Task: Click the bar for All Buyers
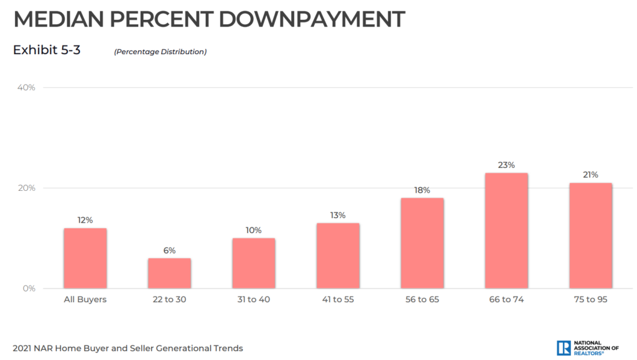tap(85, 258)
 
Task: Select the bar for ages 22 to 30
tap(170, 273)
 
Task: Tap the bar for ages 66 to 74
tap(506, 231)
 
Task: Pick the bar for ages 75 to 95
tap(590, 236)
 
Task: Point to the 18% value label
tap(422, 190)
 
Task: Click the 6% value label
tap(170, 251)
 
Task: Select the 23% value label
tap(506, 165)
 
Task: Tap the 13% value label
tap(338, 216)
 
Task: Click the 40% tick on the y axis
tap(26, 88)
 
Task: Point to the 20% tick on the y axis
tap(26, 188)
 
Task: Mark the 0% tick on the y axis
tap(29, 288)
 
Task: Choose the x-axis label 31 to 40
tap(253, 300)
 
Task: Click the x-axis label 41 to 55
tap(338, 300)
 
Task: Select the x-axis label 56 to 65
tap(422, 300)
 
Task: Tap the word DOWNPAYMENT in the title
tap(312, 20)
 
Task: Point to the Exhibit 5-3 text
tap(47, 50)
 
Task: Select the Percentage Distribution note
tap(160, 52)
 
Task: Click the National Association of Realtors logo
tap(588, 348)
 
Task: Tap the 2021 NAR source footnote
tap(128, 348)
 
